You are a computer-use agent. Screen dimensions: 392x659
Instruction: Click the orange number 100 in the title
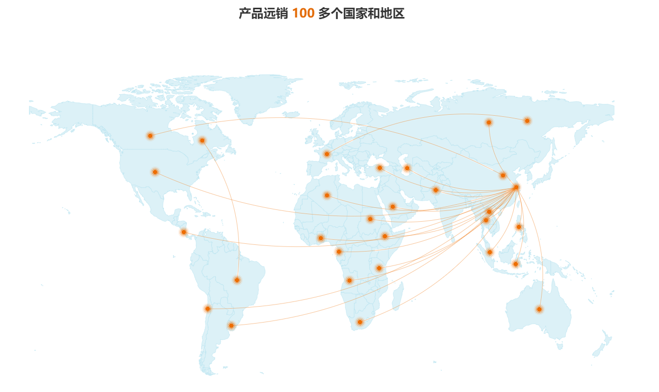coord(303,14)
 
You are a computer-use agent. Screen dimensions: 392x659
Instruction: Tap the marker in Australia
coord(539,309)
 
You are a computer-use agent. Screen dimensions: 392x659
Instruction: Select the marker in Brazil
coord(237,280)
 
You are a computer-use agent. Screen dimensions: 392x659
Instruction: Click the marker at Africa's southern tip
coord(360,322)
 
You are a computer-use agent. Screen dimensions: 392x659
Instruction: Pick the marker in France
coord(326,154)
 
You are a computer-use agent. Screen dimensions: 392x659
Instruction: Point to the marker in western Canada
coord(150,136)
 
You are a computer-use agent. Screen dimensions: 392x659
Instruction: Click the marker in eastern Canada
coord(202,140)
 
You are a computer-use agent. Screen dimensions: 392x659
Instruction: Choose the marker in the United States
coord(155,172)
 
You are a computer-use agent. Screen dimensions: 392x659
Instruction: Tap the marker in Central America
coord(183,232)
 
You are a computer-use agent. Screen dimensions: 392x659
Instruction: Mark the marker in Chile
coord(207,309)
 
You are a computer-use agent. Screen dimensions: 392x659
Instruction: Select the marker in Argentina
coord(231,326)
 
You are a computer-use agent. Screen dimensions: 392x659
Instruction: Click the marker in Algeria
coord(326,195)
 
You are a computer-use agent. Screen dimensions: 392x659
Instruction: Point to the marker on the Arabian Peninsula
coord(393,206)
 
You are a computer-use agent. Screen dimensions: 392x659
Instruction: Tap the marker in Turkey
coord(379,168)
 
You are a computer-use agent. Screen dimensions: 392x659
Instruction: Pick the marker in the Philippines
coord(518,227)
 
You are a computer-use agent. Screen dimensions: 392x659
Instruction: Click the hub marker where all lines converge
coord(516,187)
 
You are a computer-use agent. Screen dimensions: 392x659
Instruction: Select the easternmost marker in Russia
coord(527,121)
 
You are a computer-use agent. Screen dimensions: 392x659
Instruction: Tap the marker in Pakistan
coord(436,190)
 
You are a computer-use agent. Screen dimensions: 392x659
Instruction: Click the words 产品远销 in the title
coord(263,14)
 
